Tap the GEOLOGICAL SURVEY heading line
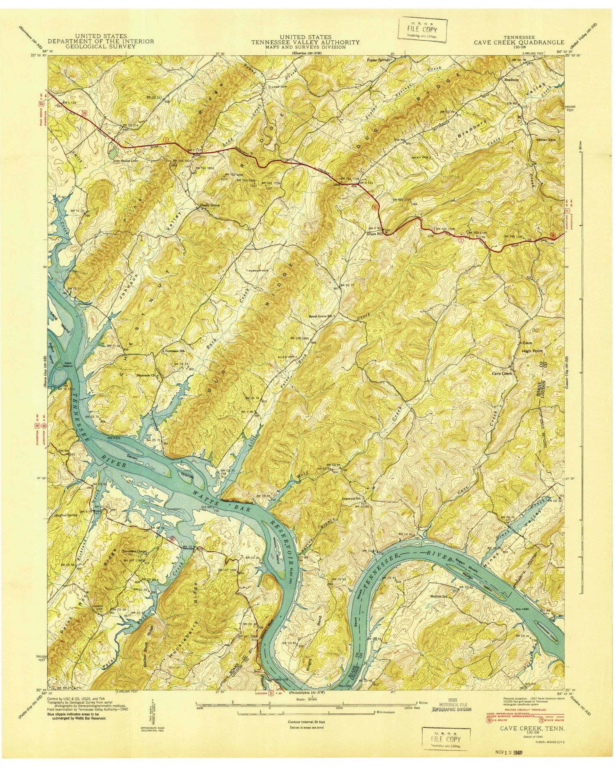(101, 46)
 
